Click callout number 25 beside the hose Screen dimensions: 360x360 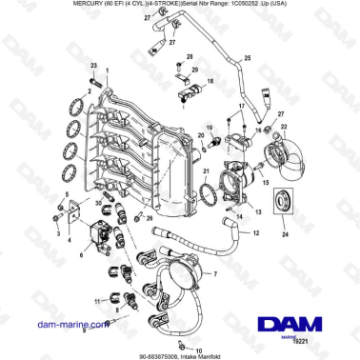click(x=247, y=59)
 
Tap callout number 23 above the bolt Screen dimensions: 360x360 click(x=93, y=64)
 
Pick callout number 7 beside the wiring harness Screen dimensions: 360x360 click(x=215, y=273)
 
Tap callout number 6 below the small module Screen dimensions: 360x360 click(x=83, y=255)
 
